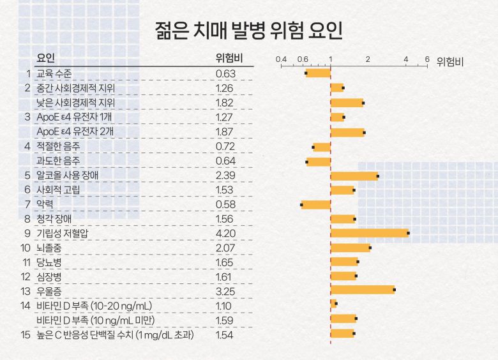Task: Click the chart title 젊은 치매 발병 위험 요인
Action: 249,30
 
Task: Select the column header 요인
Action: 47,59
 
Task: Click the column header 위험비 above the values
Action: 228,59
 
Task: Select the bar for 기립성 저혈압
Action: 369,233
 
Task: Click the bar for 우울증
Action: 362,290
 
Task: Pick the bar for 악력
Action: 316,205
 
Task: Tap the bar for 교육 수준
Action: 318,73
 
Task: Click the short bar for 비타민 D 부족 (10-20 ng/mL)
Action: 333,304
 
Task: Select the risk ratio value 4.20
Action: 226,233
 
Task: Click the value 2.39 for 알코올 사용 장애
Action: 226,176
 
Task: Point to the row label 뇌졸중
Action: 49,248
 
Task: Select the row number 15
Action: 26,334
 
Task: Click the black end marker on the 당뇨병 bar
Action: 358,262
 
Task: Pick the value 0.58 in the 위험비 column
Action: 226,204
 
